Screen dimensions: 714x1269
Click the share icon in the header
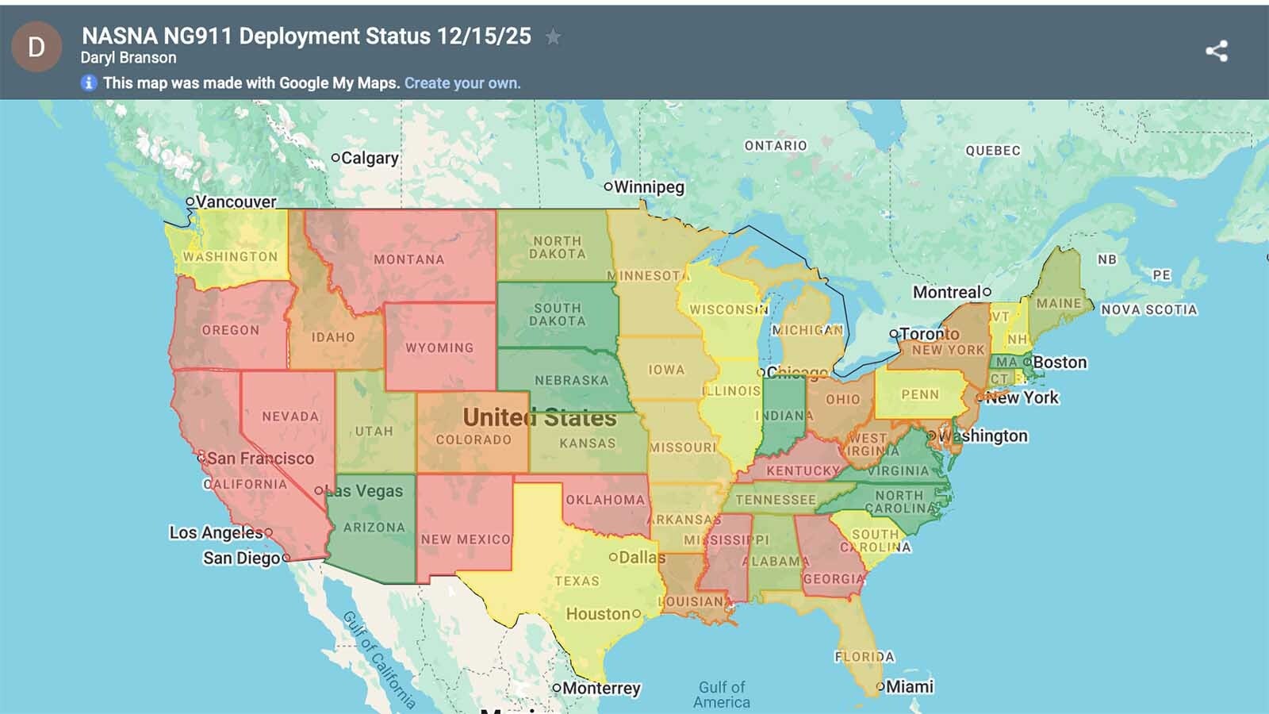pos(1217,51)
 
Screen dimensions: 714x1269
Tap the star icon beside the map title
pos(553,36)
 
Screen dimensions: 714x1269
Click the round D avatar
pos(36,48)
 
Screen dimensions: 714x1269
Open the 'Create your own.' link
pos(462,83)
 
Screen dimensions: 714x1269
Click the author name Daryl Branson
pos(128,58)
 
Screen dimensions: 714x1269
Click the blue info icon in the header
pos(89,83)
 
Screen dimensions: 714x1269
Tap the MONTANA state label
pos(409,259)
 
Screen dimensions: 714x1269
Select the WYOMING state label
pos(439,347)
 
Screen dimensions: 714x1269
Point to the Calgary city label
pos(369,158)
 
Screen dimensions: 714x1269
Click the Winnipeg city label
pos(648,187)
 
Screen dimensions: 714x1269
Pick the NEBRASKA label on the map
pos(571,380)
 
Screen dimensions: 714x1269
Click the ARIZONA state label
pos(374,527)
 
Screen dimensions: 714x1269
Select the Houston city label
pos(598,613)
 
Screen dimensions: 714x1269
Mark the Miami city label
pos(909,686)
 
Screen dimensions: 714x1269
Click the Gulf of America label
pos(722,694)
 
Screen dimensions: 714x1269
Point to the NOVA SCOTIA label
pos(1148,309)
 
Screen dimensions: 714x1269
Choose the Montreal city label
pos(947,292)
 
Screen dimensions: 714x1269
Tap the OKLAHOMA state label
pos(605,500)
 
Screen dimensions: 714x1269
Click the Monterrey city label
pos(600,688)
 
